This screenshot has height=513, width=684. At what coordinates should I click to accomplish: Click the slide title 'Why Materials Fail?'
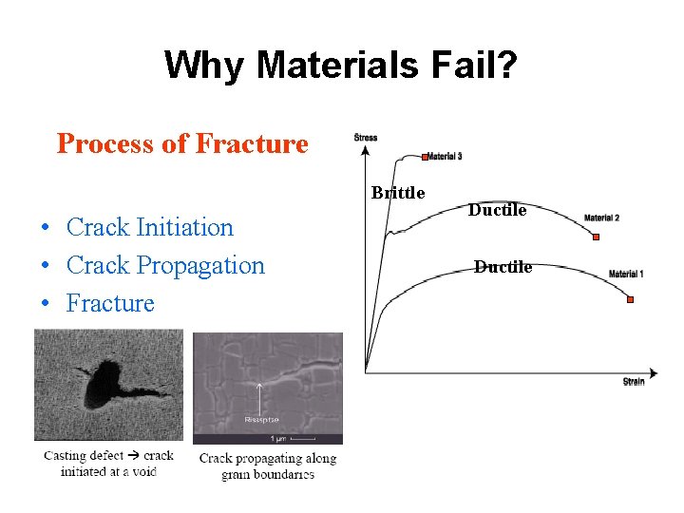[x=341, y=65]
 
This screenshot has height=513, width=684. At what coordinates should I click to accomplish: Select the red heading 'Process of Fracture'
[x=182, y=143]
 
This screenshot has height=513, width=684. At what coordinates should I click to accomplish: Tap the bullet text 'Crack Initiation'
[x=149, y=227]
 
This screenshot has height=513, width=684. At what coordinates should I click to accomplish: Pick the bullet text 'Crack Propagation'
[x=165, y=265]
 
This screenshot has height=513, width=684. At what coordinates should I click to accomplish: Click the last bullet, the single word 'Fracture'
[x=109, y=303]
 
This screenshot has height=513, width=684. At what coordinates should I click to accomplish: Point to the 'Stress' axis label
[x=366, y=138]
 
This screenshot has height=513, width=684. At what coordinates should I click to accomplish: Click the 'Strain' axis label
[x=634, y=382]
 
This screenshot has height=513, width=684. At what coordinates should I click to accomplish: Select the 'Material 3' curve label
[x=445, y=157]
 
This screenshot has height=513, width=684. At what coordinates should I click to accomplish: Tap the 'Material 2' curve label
[x=601, y=218]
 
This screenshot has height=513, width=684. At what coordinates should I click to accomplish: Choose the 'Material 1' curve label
[x=626, y=275]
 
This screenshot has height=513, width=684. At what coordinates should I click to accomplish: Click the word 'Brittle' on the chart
[x=398, y=193]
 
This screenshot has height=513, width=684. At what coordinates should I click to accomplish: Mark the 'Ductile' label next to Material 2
[x=498, y=210]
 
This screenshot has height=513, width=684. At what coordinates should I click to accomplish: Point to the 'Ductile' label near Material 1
[x=503, y=267]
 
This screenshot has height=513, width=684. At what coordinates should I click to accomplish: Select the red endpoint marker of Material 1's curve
[x=630, y=300]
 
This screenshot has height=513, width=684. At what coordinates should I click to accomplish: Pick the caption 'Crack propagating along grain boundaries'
[x=268, y=465]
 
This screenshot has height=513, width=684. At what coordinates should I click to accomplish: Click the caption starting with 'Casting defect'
[x=108, y=463]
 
